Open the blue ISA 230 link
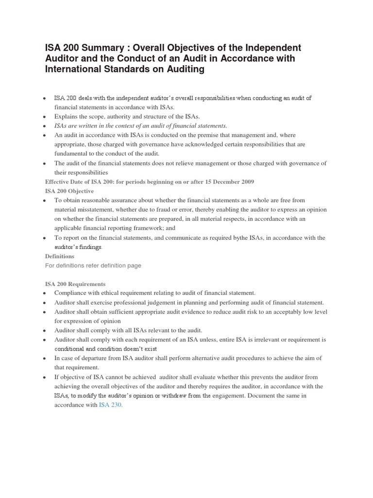point(111,405)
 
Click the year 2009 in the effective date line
point(245,181)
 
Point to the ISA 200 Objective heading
point(69,191)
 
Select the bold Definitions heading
point(60,256)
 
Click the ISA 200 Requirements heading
point(75,284)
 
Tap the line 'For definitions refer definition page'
point(93,266)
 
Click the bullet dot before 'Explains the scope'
point(44,117)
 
